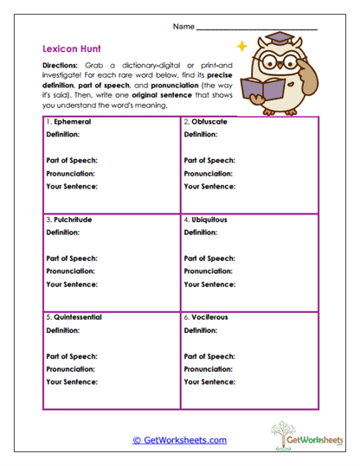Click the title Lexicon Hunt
[65, 50]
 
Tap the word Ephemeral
[72, 122]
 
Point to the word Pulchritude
[74, 220]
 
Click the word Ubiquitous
[210, 220]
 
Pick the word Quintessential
[78, 317]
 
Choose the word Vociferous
[210, 317]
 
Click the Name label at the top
[183, 27]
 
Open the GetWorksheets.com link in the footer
[180, 440]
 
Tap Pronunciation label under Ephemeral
[70, 173]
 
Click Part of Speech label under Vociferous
[209, 356]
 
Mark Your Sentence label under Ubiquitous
[209, 284]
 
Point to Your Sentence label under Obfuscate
[209, 186]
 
